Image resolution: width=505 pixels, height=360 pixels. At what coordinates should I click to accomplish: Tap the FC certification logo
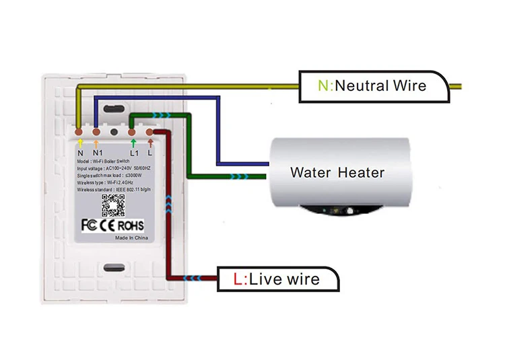pos(90,224)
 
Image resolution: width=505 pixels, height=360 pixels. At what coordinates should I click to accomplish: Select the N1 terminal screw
pos(96,132)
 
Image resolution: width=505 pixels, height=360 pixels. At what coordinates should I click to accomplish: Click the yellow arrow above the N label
pos(80,143)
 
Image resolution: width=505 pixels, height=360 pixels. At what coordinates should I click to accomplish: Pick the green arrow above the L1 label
pos(133,143)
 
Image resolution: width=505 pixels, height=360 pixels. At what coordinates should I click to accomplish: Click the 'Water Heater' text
pos(337,172)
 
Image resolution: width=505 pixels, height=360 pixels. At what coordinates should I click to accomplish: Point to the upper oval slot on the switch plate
pos(112,106)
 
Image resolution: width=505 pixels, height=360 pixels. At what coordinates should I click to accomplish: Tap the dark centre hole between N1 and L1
pos(114,133)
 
